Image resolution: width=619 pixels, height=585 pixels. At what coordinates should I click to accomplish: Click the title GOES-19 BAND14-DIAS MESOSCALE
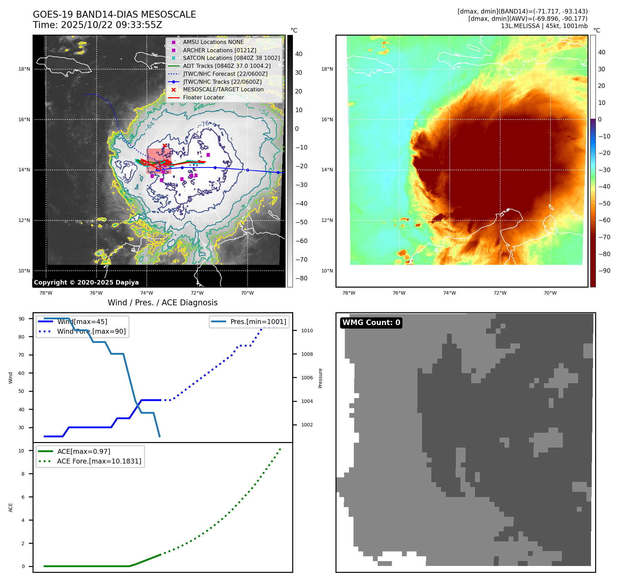click(x=114, y=15)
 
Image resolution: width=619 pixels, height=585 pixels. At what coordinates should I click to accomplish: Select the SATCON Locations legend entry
click(x=231, y=58)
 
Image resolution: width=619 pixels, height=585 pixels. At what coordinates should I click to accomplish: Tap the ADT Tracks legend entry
click(x=227, y=66)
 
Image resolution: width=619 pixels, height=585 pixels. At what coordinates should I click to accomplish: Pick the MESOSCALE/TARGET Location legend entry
click(x=223, y=89)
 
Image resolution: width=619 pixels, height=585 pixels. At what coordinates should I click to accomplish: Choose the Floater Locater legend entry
click(x=203, y=97)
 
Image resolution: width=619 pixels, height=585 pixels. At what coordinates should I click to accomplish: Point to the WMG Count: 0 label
click(x=371, y=323)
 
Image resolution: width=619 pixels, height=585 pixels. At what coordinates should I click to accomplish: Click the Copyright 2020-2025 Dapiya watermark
click(x=86, y=282)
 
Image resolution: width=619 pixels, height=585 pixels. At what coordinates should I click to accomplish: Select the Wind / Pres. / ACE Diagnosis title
click(x=163, y=303)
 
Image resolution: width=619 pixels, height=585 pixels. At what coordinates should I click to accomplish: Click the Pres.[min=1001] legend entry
click(x=258, y=322)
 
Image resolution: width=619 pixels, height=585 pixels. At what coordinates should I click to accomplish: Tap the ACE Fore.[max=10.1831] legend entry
click(x=99, y=461)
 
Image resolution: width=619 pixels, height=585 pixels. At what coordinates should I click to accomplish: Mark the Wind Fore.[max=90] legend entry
click(x=91, y=331)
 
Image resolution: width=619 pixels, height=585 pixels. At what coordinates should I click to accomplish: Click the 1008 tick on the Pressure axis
click(x=307, y=354)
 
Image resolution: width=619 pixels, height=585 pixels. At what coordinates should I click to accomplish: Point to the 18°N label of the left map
click(x=24, y=69)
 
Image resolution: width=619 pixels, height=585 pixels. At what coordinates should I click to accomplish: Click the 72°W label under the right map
click(x=500, y=293)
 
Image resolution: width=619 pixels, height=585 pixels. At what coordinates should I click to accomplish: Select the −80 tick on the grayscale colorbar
click(x=301, y=278)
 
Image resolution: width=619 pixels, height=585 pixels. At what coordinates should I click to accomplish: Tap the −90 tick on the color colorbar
click(x=604, y=271)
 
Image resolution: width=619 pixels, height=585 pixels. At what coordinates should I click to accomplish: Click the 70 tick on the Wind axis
click(x=21, y=355)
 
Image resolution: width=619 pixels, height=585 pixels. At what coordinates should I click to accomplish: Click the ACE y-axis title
click(x=11, y=507)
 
